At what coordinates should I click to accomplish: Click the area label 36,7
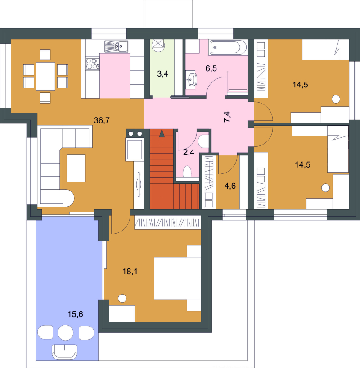pyautogui.click(x=102, y=120)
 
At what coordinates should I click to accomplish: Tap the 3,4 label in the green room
pyautogui.click(x=162, y=74)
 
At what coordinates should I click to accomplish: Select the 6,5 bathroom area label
pyautogui.click(x=211, y=68)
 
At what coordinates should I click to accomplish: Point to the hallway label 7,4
pyautogui.click(x=227, y=117)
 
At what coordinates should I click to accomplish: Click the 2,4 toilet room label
pyautogui.click(x=189, y=153)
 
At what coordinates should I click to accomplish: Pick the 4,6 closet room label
pyautogui.click(x=230, y=186)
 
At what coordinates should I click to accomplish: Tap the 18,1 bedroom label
pyautogui.click(x=130, y=272)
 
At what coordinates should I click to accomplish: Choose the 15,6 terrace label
pyautogui.click(x=75, y=314)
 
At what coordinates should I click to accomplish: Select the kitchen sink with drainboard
pyautogui.click(x=117, y=46)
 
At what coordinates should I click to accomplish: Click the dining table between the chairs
pyautogui.click(x=46, y=76)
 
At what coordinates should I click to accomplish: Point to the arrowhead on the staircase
pyautogui.click(x=162, y=133)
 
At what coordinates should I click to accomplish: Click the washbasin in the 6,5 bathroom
pyautogui.click(x=191, y=80)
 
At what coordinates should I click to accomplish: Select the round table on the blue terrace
pyautogui.click(x=65, y=332)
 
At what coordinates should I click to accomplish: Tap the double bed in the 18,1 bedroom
pyautogui.click(x=177, y=278)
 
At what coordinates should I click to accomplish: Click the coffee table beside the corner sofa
pyautogui.click(x=76, y=168)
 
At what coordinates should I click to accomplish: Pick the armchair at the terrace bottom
pyautogui.click(x=65, y=352)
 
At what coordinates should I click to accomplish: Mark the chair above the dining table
pyautogui.click(x=45, y=55)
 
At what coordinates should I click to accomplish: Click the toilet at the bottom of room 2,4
pyautogui.click(x=187, y=171)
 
